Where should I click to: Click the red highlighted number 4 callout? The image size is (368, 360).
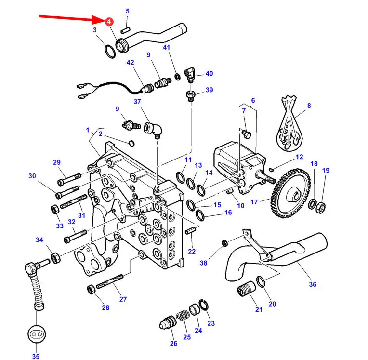[109, 22]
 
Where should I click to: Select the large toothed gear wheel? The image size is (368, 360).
[290, 193]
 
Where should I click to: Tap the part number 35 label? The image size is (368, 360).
[36, 356]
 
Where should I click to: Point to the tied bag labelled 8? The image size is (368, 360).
[289, 123]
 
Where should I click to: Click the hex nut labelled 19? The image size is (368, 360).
[320, 207]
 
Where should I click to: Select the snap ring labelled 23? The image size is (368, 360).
[204, 306]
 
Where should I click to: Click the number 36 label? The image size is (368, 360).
[313, 284]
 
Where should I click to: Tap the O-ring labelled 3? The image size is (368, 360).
[110, 51]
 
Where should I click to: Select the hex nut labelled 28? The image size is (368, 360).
[92, 290]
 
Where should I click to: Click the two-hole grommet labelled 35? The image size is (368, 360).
[37, 334]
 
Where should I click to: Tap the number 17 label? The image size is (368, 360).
[254, 202]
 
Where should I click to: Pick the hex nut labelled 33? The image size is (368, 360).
[55, 209]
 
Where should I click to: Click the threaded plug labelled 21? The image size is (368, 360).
[246, 289]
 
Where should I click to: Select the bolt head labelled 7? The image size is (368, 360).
[246, 134]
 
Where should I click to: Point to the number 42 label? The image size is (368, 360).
[130, 63]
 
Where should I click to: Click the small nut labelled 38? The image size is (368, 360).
[224, 243]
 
